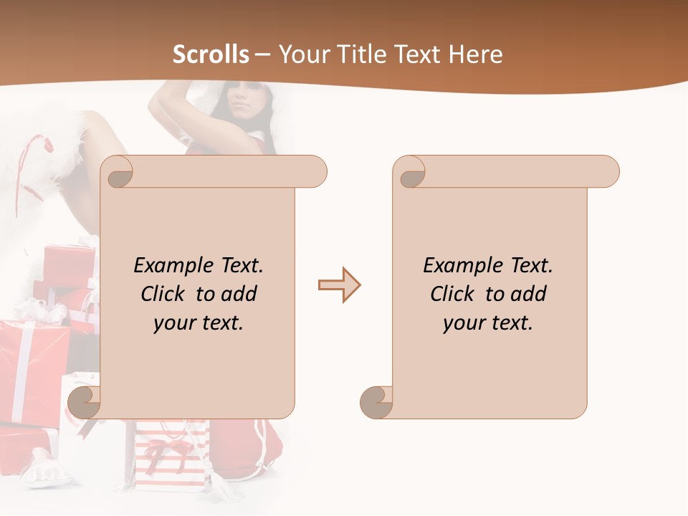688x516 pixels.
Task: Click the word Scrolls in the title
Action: (x=211, y=54)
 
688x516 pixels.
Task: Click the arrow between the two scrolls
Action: (x=339, y=285)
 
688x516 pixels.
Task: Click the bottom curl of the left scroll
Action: (x=83, y=402)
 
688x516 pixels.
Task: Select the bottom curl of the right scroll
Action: (x=376, y=402)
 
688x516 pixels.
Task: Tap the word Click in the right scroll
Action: (x=454, y=295)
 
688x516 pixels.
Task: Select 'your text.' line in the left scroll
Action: (x=199, y=323)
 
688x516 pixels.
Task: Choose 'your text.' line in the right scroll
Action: (x=488, y=323)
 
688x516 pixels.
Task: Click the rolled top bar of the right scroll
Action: (x=516, y=172)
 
